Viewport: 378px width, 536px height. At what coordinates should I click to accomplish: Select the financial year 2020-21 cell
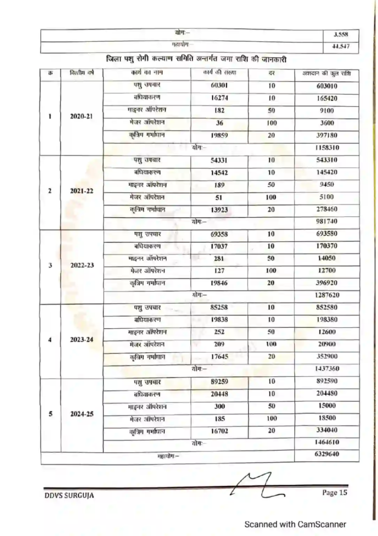point(82,116)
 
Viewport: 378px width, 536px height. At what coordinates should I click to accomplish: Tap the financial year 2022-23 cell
point(82,265)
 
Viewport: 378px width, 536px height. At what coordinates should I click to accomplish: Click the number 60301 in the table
point(219,86)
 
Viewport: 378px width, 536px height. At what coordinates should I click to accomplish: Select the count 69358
point(219,233)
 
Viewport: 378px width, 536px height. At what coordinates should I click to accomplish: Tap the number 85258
point(219,307)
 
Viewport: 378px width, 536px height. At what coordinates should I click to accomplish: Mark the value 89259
point(219,381)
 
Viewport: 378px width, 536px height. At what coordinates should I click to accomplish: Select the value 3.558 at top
point(340,35)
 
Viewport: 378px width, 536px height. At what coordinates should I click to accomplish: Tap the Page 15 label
point(334,492)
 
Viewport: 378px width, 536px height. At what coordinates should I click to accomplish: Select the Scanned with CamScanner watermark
point(295,524)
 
